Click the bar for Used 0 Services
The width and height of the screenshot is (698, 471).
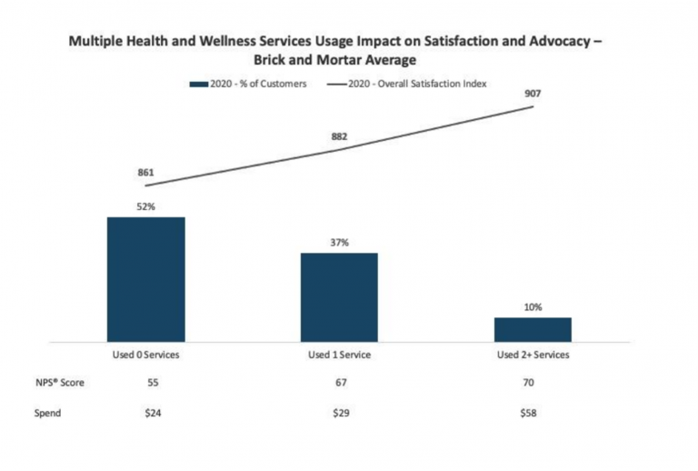(x=145, y=279)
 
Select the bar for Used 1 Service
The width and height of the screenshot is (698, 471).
(x=339, y=296)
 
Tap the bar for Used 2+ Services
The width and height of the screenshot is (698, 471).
(x=533, y=329)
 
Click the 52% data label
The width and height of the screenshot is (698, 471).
(x=145, y=207)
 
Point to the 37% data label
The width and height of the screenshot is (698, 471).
(x=339, y=243)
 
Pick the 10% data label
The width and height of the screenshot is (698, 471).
(x=533, y=307)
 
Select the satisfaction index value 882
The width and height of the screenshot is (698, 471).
(x=339, y=136)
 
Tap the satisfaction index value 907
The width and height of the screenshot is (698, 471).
(x=533, y=93)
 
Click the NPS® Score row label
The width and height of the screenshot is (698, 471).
(x=55, y=383)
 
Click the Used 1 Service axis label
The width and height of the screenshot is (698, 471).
(x=339, y=355)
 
